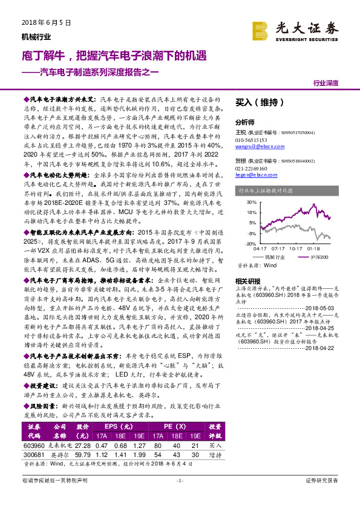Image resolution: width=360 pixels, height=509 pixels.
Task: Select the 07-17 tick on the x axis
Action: click(278, 248)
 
